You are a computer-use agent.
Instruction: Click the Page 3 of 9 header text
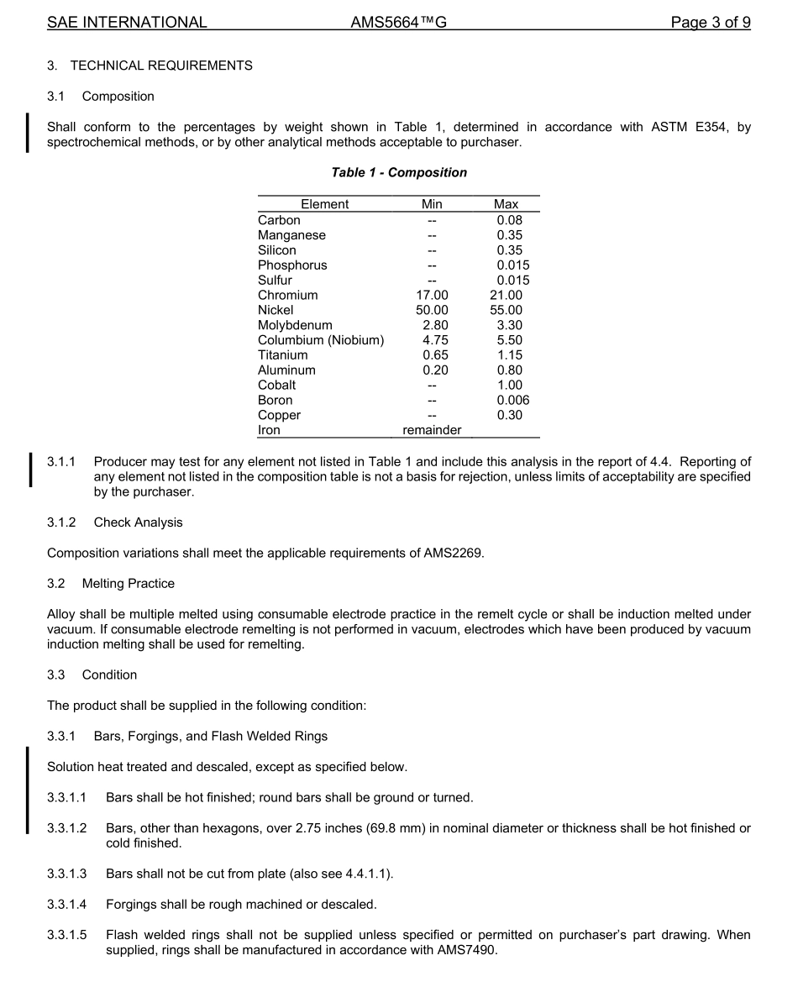(710, 23)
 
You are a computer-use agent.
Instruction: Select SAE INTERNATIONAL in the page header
(127, 23)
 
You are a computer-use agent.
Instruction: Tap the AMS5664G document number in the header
(398, 23)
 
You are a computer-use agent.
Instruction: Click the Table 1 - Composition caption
(399, 172)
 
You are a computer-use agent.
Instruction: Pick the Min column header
(432, 204)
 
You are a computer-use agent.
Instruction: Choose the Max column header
(506, 204)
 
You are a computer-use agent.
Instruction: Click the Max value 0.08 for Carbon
(509, 220)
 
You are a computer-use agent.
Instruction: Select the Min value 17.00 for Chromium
(432, 295)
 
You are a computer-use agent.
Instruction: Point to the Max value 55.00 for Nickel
(506, 310)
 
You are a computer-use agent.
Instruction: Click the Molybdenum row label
(295, 325)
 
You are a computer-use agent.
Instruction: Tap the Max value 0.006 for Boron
(512, 400)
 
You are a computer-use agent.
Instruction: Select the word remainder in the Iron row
(432, 430)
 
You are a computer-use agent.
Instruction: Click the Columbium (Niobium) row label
(320, 340)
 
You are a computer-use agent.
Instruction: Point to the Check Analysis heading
(138, 522)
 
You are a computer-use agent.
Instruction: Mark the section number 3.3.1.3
(66, 874)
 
